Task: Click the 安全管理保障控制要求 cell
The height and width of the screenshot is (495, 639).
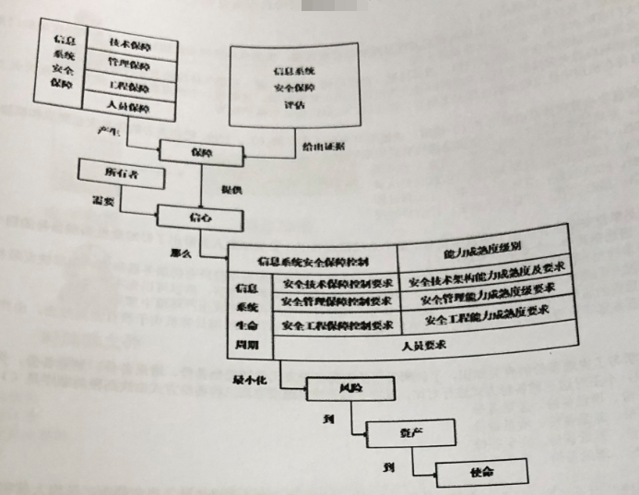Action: (x=337, y=302)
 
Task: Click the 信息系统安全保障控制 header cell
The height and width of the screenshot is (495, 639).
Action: (x=314, y=262)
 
